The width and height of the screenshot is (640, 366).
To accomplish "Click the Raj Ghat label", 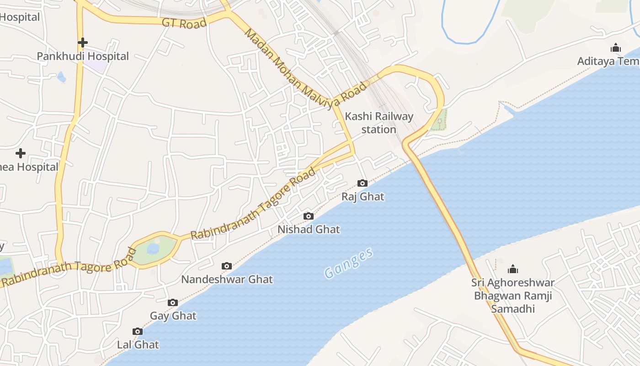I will pos(363,197).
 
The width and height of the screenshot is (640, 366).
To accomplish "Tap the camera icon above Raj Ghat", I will pos(363,183).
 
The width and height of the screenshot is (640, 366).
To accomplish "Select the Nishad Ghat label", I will pos(309,229).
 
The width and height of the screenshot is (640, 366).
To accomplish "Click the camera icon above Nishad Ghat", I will pos(309,216).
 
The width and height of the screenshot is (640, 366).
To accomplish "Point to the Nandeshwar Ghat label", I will pos(227,279).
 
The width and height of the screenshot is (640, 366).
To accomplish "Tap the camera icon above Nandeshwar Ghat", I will pos(226,266).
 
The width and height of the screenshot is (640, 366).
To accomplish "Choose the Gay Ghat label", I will pos(173,316).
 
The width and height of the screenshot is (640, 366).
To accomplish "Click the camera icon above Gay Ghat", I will pos(173,302).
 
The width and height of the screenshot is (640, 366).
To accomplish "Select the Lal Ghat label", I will pos(138,344).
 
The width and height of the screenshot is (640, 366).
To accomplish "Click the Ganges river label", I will pos(349,264).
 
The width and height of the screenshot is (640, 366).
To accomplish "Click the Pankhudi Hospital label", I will pos(83,56).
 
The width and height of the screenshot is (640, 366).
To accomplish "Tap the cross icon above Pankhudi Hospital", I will pos(83,43).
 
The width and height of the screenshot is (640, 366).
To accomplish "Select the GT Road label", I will pos(184,23).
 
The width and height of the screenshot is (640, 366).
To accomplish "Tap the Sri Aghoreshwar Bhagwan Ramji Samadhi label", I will pos(513,296).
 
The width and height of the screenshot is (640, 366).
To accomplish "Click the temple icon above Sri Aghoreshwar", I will pos(513,269).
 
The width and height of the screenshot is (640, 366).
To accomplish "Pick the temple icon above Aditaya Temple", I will pos(616,48).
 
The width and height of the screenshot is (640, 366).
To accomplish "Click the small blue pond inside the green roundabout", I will pos(153,248).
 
